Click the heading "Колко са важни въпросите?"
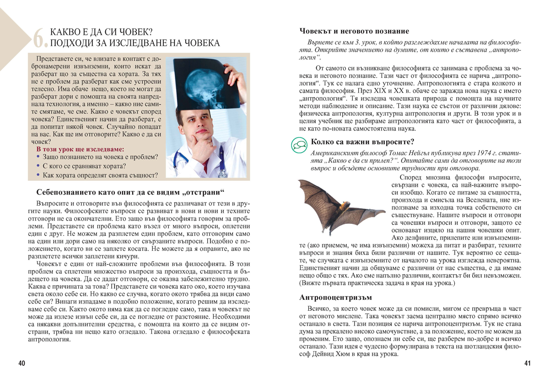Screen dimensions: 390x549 point(362,141)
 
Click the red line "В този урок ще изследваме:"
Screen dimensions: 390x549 point(80,149)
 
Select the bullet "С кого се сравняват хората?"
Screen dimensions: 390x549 point(84,166)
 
